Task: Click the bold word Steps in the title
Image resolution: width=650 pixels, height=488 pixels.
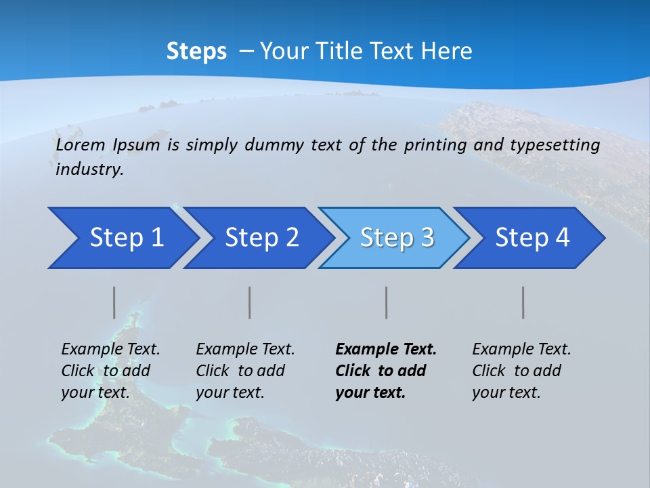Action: [x=196, y=51]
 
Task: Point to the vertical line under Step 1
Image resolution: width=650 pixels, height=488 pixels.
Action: [x=114, y=302]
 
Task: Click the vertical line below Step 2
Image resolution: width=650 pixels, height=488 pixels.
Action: [x=250, y=302]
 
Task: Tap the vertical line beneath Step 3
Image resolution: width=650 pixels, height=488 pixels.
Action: [x=387, y=302]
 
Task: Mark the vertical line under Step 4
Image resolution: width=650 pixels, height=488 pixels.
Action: [x=523, y=302]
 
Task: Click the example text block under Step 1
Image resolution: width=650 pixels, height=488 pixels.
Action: [x=110, y=371]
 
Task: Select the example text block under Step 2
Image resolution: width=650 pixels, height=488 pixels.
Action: [x=244, y=371]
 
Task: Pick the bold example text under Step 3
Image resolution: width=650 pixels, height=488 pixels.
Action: [x=385, y=371]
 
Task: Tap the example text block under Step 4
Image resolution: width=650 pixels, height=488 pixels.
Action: [x=521, y=371]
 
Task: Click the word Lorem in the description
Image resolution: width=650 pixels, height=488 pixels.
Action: [x=81, y=145]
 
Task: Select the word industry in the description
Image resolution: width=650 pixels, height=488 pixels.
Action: [x=89, y=169]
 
